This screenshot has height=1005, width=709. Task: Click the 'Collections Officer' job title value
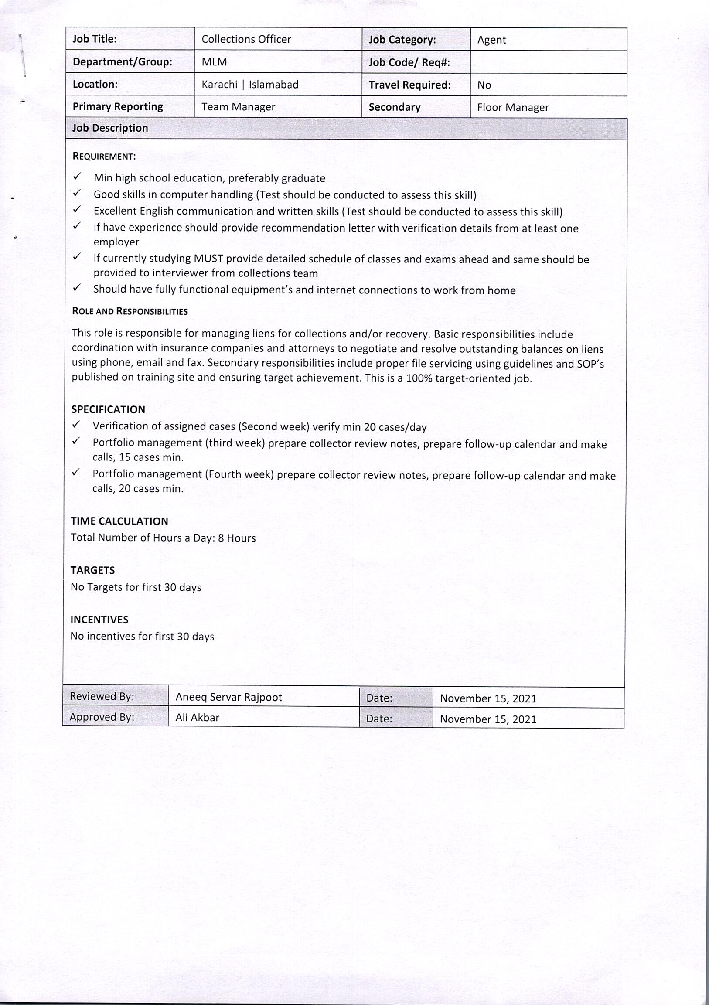246,39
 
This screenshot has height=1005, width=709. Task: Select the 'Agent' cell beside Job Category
491,40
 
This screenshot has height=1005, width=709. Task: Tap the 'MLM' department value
214,62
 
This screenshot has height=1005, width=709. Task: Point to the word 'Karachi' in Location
219,85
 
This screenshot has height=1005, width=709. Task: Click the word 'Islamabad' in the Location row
273,85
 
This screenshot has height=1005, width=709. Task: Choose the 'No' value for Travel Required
484,85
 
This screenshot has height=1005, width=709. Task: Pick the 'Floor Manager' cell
512,107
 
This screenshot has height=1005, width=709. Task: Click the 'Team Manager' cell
238,107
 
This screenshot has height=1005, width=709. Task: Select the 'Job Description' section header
110,128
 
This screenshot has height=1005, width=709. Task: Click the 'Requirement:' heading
104,156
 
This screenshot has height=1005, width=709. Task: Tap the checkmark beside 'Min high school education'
78,177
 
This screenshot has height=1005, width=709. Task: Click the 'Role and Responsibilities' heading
130,311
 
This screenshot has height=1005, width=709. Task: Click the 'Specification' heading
108,409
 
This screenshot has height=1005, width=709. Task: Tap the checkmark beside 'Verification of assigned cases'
77,425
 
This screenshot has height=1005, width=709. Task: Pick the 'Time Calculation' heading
119,521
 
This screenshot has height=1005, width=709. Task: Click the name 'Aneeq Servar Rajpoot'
228,697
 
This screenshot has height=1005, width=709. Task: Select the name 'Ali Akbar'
197,717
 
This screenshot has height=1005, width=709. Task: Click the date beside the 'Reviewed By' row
488,698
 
